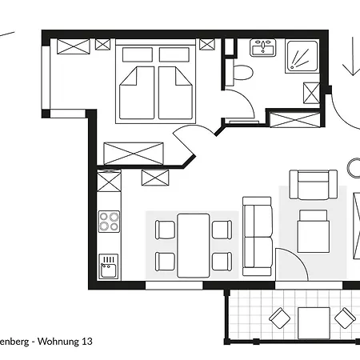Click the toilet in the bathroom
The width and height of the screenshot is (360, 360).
click(x=242, y=74)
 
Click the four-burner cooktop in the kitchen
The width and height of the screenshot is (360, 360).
click(x=109, y=221)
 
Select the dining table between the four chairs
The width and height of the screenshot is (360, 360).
click(x=193, y=244)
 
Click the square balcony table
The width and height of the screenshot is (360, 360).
click(x=313, y=322)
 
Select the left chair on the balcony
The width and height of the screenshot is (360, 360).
click(x=280, y=319)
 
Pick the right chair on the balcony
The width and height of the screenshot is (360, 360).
click(x=345, y=319)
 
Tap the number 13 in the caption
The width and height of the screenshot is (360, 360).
click(x=86, y=341)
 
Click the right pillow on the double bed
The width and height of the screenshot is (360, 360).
click(x=175, y=54)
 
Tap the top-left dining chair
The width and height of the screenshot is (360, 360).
click(x=165, y=230)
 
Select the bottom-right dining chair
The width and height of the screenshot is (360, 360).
click(x=222, y=261)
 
